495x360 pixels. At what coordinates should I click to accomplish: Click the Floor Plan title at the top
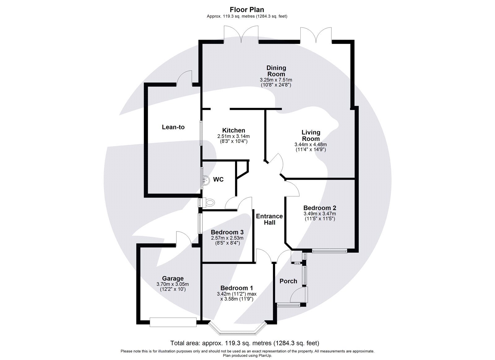click(247, 10)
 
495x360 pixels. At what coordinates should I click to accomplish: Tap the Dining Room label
click(276, 71)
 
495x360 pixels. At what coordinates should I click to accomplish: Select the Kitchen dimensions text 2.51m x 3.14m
click(233, 136)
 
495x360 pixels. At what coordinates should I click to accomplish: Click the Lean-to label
click(173, 127)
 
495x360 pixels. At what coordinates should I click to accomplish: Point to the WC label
click(218, 180)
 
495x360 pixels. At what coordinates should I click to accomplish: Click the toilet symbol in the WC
click(209, 203)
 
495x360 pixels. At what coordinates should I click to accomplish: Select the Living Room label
click(311, 136)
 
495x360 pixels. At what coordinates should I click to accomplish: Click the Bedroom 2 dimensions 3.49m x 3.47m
click(320, 214)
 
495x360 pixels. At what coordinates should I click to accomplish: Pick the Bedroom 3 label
click(227, 232)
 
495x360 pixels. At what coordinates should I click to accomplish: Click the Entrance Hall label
click(269, 219)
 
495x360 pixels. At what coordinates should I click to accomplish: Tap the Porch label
click(288, 281)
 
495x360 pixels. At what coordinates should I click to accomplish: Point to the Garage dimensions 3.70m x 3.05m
click(173, 284)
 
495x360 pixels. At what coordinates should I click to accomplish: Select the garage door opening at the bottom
click(173, 322)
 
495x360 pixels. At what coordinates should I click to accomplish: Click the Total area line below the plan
click(245, 343)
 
